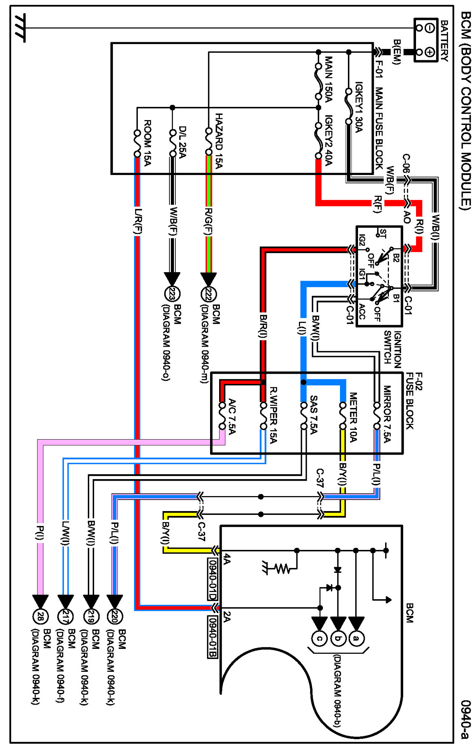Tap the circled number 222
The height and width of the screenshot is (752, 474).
click(x=208, y=294)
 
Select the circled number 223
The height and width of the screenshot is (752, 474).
click(x=172, y=294)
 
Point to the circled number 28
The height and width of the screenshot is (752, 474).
click(x=40, y=617)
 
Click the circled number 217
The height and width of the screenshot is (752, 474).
click(x=65, y=617)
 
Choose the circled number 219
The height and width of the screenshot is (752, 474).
click(x=90, y=617)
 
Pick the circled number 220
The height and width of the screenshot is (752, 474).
click(x=114, y=617)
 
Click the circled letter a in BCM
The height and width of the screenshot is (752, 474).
click(x=356, y=638)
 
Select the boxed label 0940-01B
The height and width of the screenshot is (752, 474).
click(x=213, y=637)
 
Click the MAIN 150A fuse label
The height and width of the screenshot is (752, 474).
click(x=329, y=79)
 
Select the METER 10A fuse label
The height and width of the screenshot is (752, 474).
click(x=353, y=417)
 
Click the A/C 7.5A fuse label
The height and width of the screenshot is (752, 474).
click(x=232, y=416)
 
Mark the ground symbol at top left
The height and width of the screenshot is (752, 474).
click(x=20, y=28)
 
